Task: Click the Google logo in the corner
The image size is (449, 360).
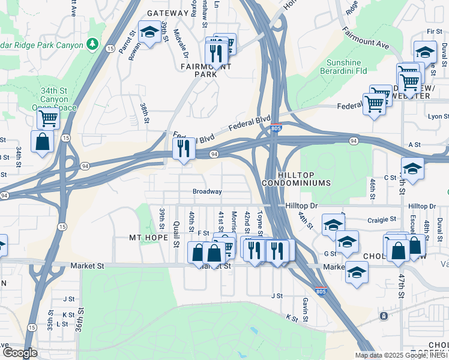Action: click(20, 353)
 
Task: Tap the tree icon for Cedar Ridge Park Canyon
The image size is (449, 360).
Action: click(92, 44)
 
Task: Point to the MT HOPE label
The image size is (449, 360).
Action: click(149, 238)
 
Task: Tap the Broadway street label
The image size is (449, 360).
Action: click(207, 192)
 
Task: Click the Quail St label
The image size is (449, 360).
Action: click(176, 233)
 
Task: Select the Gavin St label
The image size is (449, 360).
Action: click(306, 310)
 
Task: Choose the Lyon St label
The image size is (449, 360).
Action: click(438, 116)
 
